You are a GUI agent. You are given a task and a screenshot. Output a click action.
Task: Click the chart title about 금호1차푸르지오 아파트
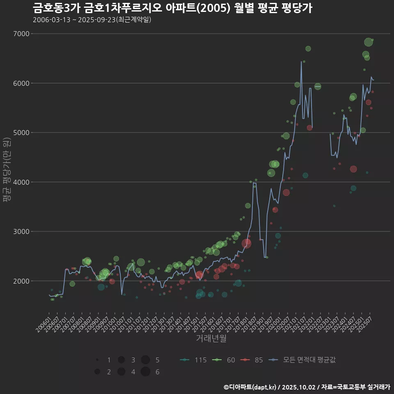[172, 8]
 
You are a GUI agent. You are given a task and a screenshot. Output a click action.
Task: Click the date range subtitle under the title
[92, 20]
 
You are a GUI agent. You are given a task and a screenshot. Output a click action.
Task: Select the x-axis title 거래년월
[211, 338]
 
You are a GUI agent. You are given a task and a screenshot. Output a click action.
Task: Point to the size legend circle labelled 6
[145, 372]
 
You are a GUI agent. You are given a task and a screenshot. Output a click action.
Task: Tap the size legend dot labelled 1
[97, 360]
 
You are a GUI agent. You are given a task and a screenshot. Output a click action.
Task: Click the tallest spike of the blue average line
[302, 62]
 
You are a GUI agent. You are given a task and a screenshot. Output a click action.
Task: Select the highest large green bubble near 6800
[368, 42]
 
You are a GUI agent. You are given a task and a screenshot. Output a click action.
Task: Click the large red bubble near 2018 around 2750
[246, 243]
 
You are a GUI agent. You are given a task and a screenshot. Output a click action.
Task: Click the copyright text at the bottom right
[307, 387]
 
